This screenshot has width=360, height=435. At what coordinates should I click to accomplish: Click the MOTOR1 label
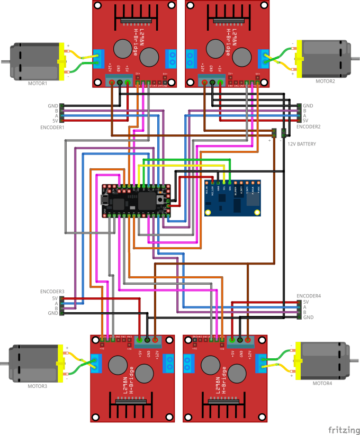(x=38, y=83)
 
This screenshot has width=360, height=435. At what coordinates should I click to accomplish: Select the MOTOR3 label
(x=38, y=386)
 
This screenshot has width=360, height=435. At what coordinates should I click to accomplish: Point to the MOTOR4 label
(x=322, y=383)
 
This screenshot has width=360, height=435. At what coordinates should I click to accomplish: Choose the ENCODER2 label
(x=309, y=127)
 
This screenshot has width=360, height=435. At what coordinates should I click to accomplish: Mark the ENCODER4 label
(x=309, y=296)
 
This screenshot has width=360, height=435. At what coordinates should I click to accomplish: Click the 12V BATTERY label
(x=302, y=144)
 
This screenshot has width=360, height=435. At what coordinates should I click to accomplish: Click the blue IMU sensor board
(x=233, y=197)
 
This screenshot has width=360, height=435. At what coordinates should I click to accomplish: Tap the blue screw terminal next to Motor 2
(x=264, y=59)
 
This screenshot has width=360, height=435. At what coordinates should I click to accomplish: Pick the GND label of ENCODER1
(x=53, y=106)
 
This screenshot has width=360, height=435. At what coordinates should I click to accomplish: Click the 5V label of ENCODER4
(x=305, y=302)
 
